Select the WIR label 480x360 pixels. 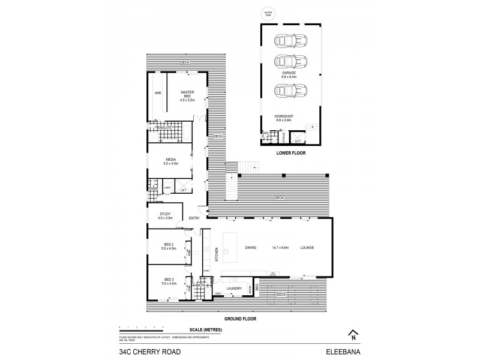(157, 93)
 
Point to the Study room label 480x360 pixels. (166, 214)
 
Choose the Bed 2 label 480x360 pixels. (169, 244)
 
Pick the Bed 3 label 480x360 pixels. (169, 280)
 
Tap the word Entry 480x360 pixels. (194, 218)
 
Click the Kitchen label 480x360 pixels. (216, 255)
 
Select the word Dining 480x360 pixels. (251, 248)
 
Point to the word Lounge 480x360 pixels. (307, 248)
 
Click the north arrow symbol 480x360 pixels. (353, 334)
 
